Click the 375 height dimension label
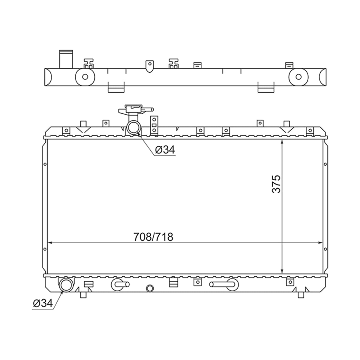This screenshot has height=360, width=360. [276, 184]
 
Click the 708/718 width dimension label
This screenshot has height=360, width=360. [153, 237]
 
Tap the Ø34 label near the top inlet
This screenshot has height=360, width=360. [165, 150]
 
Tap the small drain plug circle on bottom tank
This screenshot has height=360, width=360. [150, 288]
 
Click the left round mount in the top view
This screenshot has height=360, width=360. [85, 77]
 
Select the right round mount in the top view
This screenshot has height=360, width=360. [298, 77]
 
